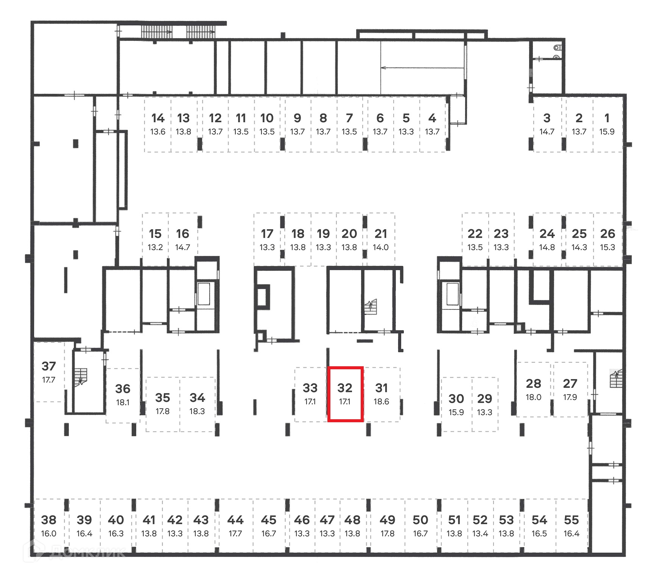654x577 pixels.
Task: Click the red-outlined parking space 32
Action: [x=345, y=393]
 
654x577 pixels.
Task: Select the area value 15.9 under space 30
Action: [x=456, y=412]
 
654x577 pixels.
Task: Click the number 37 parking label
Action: [x=49, y=366]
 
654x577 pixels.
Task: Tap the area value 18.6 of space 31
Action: [x=381, y=401]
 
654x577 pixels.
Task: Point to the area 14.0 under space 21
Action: [x=381, y=247]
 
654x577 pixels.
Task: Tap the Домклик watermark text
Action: [x=87, y=552]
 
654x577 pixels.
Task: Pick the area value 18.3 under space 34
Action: [x=197, y=411]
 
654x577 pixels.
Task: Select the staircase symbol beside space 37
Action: [x=81, y=377]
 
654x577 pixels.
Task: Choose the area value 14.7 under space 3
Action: [x=547, y=132]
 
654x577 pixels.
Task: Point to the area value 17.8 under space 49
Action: [x=387, y=533]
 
